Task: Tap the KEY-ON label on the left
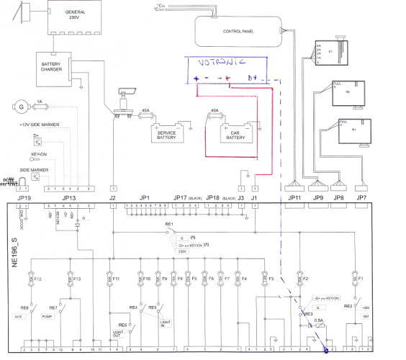coord(40,153)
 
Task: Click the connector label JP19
coord(24,197)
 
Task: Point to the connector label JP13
coord(68,197)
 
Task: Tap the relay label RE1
coord(169,225)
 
